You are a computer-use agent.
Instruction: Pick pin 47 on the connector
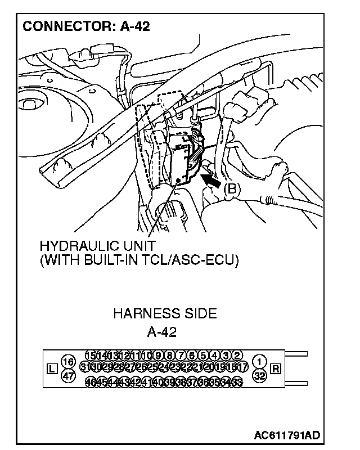tap(68, 377)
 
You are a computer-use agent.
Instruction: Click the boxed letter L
tap(51, 369)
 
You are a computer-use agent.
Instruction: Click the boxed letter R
tap(276, 369)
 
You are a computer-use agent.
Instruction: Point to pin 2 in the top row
tap(237, 355)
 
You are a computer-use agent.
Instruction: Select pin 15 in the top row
tap(90, 355)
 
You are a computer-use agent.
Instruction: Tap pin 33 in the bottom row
tap(237, 382)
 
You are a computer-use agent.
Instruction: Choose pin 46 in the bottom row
tap(90, 382)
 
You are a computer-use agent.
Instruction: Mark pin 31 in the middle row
tap(85, 367)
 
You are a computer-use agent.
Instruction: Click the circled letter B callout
tap(232, 190)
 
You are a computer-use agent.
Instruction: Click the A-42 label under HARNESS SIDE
tap(161, 332)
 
